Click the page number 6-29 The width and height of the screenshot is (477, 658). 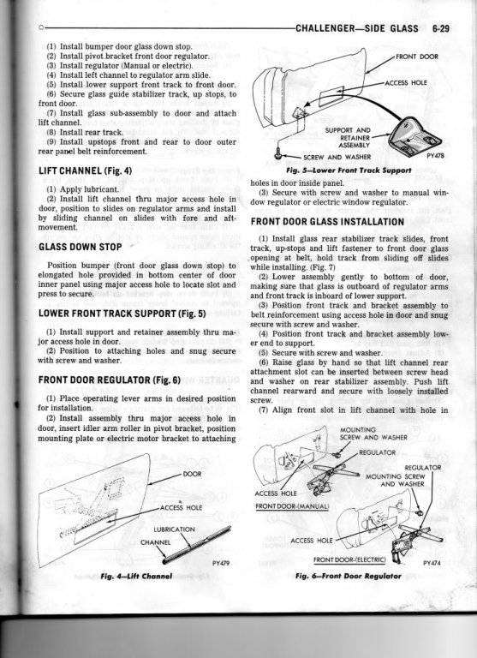440,28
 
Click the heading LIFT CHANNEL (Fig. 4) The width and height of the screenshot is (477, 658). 85,170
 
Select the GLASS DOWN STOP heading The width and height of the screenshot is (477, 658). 80,247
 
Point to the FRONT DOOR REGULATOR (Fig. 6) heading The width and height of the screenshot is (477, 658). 110,380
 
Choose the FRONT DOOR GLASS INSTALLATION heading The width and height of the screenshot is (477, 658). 328,222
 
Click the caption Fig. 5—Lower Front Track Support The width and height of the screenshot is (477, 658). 349,170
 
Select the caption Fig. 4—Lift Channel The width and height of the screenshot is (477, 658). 136,576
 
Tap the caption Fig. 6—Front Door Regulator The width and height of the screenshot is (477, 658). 349,576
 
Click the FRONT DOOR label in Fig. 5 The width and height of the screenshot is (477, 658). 417,57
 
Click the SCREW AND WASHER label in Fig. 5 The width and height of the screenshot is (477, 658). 337,158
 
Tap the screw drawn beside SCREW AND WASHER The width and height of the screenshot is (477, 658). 277,156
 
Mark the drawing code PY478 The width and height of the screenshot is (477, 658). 435,155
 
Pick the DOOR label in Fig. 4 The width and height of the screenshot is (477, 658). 192,474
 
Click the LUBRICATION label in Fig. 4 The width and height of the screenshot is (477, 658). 174,529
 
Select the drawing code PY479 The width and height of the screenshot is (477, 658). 221,563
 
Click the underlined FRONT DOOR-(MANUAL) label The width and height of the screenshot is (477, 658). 292,506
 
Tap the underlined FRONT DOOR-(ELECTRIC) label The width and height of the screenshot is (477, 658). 349,559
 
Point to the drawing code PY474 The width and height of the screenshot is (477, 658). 432,563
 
